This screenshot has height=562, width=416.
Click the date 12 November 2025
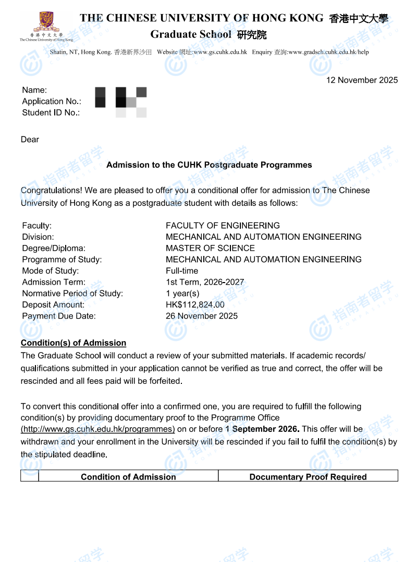click(362, 80)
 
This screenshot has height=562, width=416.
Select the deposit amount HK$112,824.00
click(195, 305)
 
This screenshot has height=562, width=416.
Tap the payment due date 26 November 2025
click(201, 316)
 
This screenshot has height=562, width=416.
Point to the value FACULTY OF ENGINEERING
click(223, 226)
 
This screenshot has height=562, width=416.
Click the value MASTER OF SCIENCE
click(210, 248)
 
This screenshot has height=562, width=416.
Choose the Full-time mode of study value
click(182, 271)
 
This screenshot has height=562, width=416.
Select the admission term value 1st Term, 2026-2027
click(204, 282)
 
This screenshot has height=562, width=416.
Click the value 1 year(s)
click(182, 294)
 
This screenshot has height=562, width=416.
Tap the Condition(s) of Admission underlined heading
click(74, 343)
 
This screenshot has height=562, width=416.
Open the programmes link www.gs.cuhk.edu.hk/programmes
click(97, 429)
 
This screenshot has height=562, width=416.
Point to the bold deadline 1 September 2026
click(262, 429)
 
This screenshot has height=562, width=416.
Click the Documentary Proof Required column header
click(308, 477)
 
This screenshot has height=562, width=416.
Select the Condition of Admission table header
click(128, 477)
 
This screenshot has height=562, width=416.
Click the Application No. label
click(52, 101)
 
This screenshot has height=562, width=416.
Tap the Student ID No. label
click(51, 112)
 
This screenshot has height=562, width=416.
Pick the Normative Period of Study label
click(72, 294)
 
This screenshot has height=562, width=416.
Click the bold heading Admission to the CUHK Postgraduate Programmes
click(209, 165)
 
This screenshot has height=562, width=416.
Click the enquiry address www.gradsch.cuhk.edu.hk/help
click(328, 52)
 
